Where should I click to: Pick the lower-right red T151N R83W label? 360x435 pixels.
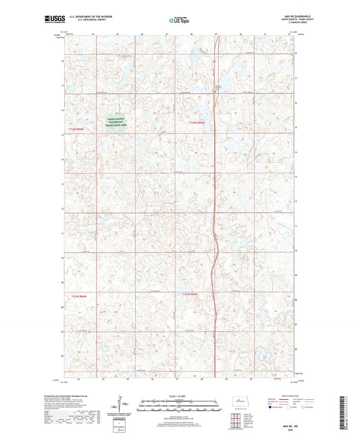[x=190, y=295]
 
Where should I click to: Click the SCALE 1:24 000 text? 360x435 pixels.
[x=179, y=396]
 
